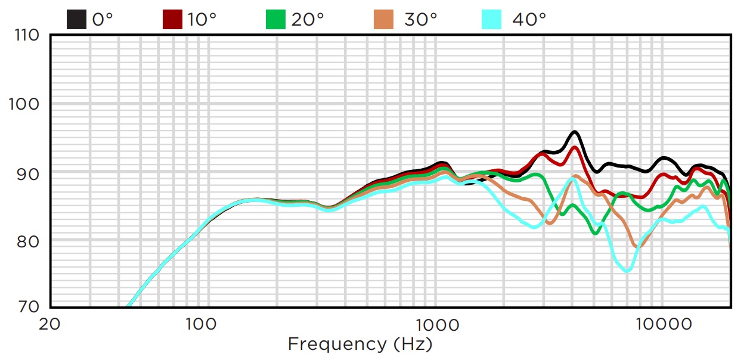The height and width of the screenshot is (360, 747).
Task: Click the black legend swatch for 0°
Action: (x=77, y=20)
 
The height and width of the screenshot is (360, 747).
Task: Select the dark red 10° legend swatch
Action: (x=173, y=20)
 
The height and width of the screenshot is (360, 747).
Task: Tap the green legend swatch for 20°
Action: (x=275, y=20)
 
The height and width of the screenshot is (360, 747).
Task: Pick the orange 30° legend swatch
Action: (x=384, y=20)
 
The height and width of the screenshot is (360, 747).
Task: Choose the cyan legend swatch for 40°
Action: (x=492, y=20)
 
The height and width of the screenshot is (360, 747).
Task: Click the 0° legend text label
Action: (x=103, y=20)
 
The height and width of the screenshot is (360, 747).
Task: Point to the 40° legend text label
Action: (x=529, y=20)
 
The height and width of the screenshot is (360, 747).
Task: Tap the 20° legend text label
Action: (x=307, y=20)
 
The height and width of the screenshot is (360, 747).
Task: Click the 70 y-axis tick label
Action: (x=27, y=307)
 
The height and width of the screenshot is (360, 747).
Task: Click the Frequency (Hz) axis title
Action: (x=359, y=344)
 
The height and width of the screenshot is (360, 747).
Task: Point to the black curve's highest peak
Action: (x=575, y=132)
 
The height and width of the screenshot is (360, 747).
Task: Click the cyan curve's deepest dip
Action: (x=627, y=271)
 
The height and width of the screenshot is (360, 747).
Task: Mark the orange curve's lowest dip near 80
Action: (x=636, y=246)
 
